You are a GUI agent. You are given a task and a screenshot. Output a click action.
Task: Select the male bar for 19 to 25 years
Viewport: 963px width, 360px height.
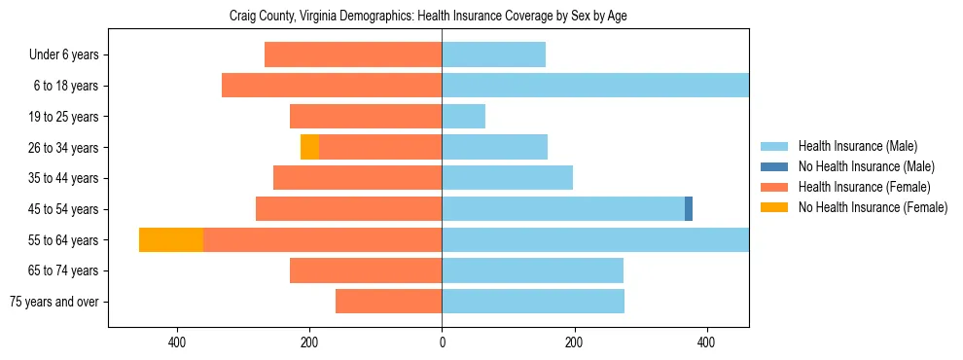tap(463, 117)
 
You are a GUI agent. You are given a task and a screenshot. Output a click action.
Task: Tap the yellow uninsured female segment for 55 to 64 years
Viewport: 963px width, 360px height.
tap(171, 240)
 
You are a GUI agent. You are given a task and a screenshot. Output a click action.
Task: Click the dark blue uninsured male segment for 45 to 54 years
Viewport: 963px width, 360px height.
tap(689, 209)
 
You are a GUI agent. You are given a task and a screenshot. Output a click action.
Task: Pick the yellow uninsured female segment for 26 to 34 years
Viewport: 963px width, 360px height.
tap(309, 148)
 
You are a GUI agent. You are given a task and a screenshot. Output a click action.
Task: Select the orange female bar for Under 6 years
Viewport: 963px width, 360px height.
tap(353, 55)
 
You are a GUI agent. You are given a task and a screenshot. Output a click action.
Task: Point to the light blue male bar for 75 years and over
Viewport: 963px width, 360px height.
tap(533, 302)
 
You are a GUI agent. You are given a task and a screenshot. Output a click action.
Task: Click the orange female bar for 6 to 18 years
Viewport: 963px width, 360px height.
tap(332, 86)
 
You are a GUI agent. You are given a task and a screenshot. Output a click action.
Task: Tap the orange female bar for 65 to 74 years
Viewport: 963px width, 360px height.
tap(366, 270)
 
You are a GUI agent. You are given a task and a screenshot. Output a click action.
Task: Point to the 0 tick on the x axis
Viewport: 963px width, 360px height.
tap(442, 342)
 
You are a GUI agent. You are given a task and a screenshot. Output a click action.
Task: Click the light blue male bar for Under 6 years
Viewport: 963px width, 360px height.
tap(493, 55)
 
